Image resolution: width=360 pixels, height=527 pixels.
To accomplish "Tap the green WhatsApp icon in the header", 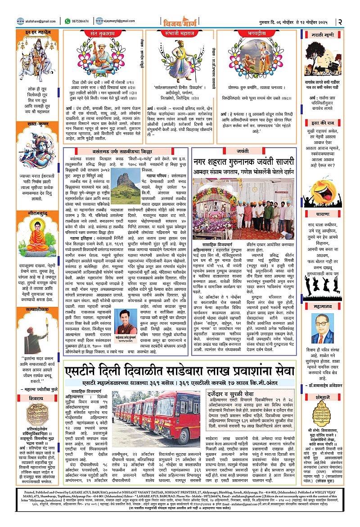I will (x=67, y=21).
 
